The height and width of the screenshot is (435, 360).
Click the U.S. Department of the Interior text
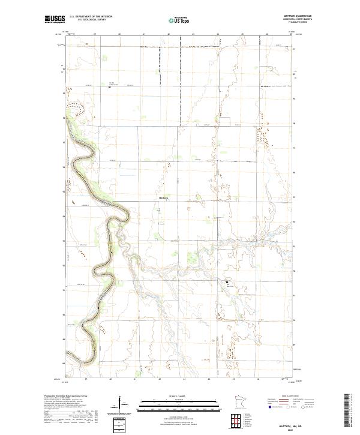coord(91,17)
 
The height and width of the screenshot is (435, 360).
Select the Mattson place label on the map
coord(164,199)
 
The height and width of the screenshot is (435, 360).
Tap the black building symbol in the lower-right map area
coord(227,281)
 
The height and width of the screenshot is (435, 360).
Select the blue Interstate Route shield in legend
coord(269,407)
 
